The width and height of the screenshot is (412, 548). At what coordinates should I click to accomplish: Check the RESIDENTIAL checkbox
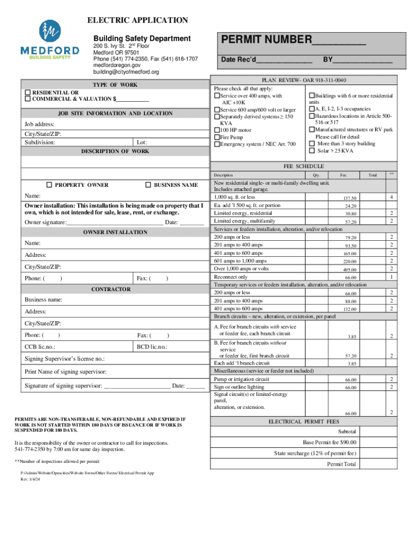click(x=28, y=92)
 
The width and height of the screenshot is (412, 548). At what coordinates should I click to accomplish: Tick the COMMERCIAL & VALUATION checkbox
click(x=28, y=99)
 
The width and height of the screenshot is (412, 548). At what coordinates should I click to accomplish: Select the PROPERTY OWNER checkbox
click(x=49, y=185)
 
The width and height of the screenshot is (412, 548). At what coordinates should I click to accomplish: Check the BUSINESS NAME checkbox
click(x=148, y=185)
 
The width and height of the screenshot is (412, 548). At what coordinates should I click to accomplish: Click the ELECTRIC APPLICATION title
click(x=138, y=20)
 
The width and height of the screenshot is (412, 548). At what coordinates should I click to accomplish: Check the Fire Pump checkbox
click(x=217, y=137)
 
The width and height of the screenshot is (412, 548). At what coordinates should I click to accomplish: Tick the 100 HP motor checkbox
click(x=217, y=130)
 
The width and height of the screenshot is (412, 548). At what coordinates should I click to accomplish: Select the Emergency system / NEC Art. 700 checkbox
click(x=217, y=144)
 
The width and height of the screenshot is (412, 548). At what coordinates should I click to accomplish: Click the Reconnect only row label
click(x=231, y=277)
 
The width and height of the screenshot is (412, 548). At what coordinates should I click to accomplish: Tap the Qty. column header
click(x=316, y=175)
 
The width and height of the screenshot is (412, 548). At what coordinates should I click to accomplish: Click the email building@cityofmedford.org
click(x=126, y=72)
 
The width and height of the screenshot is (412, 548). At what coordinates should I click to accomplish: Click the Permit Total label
click(x=341, y=464)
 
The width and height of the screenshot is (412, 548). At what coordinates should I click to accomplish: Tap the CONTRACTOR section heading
click(x=111, y=289)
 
